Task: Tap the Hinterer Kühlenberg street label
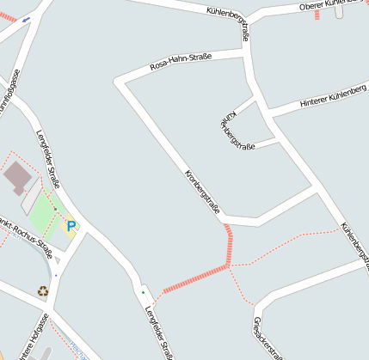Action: [333, 97]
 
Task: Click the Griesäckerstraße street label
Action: [267, 337]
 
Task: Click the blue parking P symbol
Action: [71, 227]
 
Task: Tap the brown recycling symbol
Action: [43, 290]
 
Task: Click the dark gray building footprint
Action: [17, 178]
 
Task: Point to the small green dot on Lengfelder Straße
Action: [143, 293]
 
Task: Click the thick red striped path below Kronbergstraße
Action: [194, 279]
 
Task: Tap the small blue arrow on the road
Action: [27, 18]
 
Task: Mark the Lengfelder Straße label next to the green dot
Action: [161, 333]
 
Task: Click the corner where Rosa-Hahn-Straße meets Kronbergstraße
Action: [119, 82]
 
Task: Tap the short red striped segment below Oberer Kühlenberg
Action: [317, 15]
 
